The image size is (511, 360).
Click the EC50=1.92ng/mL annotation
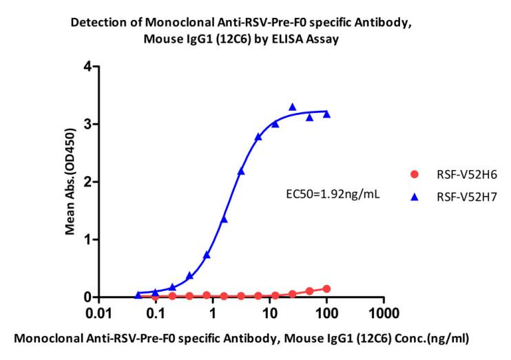333,195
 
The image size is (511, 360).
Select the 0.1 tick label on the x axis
156,314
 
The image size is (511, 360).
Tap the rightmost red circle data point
326,289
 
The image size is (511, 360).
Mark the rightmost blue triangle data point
326,114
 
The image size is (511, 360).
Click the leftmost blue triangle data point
138,295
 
